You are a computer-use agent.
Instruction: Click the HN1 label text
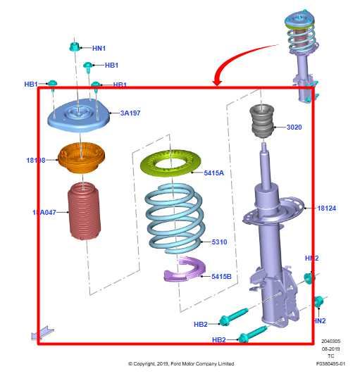tap(99, 49)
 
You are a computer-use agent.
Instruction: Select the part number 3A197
tap(130, 113)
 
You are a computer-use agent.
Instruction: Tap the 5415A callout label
tap(213, 172)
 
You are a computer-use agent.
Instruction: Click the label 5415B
tap(221, 277)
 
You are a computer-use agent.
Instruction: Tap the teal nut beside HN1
tap(75, 48)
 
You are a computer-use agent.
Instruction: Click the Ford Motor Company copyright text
tap(181, 364)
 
